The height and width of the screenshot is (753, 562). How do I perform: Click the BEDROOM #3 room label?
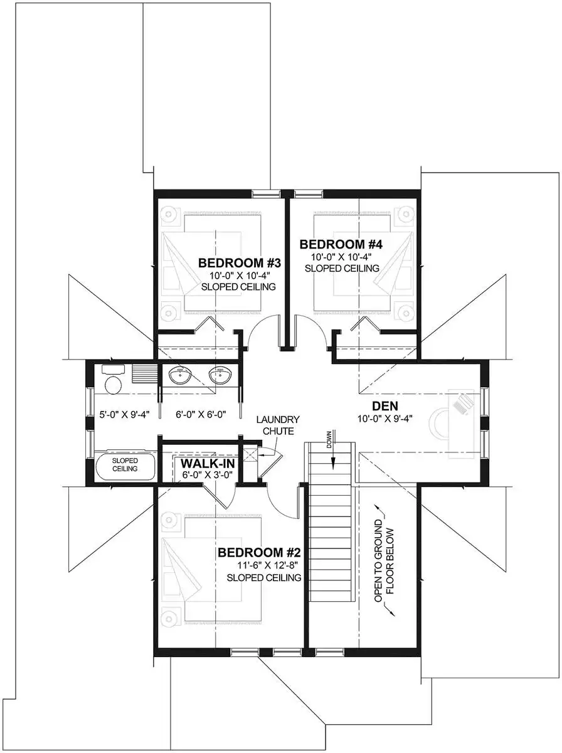coord(240,263)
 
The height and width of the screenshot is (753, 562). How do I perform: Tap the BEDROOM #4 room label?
coord(341,245)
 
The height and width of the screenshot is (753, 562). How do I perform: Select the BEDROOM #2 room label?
coord(259,553)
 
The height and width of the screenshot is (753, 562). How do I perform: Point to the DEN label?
coord(385,406)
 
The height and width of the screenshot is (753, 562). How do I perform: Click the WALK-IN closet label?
coord(208,464)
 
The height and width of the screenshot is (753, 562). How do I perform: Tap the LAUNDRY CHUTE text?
coord(278,425)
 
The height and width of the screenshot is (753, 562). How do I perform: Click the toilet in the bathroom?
coord(113,385)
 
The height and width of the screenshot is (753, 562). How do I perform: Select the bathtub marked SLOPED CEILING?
coord(125,466)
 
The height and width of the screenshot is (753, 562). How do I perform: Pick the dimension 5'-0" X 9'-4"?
coord(124,414)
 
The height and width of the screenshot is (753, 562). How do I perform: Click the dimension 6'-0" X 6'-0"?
coord(201,414)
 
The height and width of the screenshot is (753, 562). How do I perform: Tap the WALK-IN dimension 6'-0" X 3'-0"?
coord(208,475)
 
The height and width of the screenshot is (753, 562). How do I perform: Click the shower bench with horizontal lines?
coord(144,374)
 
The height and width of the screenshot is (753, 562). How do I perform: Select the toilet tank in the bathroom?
coord(114,369)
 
